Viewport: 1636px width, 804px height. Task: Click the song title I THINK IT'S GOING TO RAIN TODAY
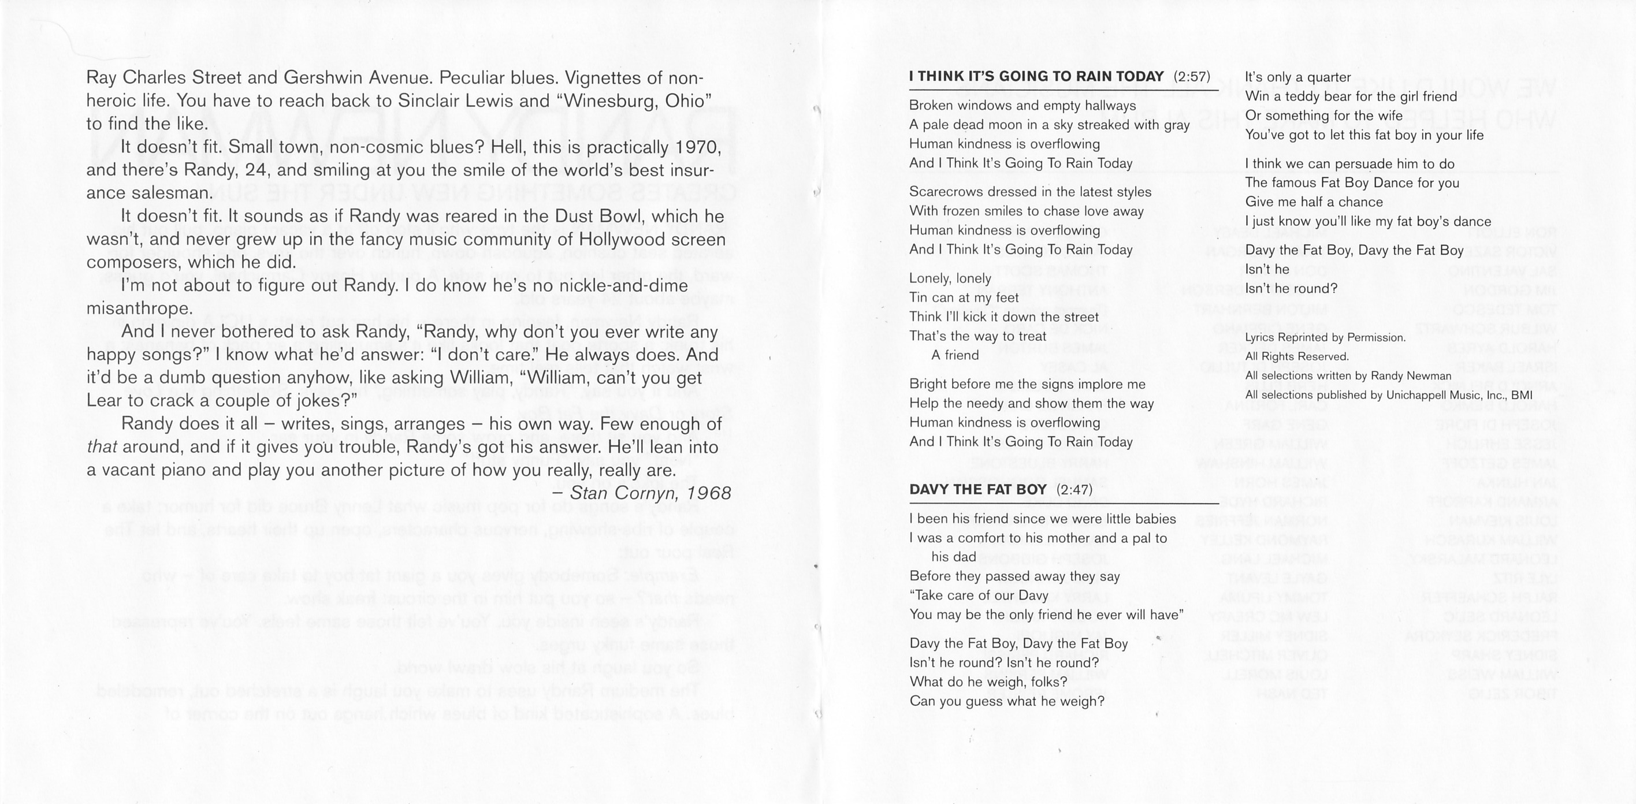pos(1036,77)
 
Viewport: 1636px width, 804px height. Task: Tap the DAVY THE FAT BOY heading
pos(977,490)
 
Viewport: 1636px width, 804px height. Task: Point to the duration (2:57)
pos(1191,77)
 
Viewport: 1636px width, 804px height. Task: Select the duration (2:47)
pos(1074,490)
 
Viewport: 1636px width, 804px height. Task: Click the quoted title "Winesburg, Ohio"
pos(634,101)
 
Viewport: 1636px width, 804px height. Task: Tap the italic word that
pos(102,447)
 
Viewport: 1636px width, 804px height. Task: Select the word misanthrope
pos(139,308)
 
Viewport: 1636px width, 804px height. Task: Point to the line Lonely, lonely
pos(950,278)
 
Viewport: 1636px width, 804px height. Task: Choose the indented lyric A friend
pos(954,355)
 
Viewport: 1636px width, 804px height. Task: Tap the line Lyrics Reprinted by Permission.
pos(1325,338)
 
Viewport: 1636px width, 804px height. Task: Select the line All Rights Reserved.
pos(1296,357)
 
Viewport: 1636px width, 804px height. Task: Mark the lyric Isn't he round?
pos(1291,289)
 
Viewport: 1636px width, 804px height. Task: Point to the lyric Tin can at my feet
pos(964,298)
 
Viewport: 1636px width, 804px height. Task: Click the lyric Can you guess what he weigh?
pos(1007,702)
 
